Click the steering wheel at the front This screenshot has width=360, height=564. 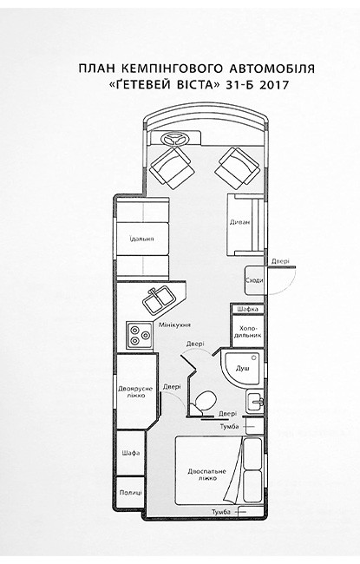(175, 139)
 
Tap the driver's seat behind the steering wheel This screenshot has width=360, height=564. (170, 167)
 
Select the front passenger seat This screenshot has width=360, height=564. (238, 167)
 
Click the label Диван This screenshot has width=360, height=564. (240, 222)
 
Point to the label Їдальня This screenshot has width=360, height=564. (142, 239)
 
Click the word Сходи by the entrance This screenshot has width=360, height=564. (254, 280)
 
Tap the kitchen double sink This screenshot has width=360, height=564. (159, 299)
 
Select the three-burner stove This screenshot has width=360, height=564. (140, 335)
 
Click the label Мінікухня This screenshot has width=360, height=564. (174, 325)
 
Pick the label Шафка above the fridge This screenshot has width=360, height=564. (248, 309)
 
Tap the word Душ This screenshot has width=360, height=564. (242, 368)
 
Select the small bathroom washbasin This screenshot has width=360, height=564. (255, 400)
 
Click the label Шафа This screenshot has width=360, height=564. (130, 453)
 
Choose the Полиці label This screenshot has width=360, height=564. (130, 493)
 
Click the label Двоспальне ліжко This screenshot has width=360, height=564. (206, 475)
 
